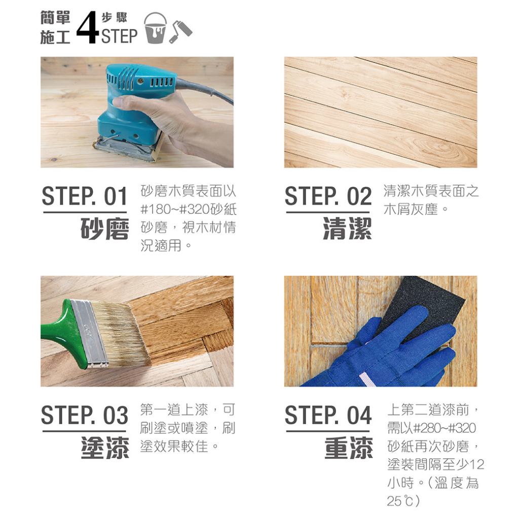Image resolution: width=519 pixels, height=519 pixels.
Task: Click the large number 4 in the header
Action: tap(88, 28)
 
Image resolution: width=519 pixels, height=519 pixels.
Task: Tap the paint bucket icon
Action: tap(155, 28)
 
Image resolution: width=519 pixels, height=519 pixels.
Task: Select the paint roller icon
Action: tap(180, 32)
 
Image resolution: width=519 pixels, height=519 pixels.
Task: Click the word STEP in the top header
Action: tap(119, 36)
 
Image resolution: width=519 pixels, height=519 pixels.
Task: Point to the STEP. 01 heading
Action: tap(85, 196)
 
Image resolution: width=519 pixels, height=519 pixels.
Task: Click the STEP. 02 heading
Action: tap(328, 196)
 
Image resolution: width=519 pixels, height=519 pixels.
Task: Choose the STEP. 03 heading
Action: tap(85, 415)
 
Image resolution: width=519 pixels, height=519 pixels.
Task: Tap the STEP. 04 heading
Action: tap(328, 415)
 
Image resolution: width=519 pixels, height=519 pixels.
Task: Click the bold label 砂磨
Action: tap(104, 229)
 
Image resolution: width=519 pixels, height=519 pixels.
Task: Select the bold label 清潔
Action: tap(348, 229)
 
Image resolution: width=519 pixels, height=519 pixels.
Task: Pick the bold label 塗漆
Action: tap(105, 448)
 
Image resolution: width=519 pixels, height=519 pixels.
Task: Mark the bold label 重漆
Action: tap(349, 448)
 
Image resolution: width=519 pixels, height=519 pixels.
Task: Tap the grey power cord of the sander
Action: tap(205, 89)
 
